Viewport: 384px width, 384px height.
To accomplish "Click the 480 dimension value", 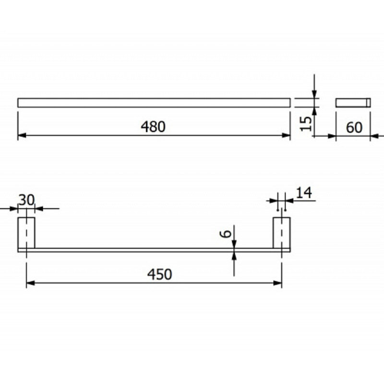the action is (153, 127).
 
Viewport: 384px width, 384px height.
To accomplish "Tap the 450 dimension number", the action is (159, 274).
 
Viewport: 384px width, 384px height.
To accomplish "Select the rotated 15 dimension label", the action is (306, 124).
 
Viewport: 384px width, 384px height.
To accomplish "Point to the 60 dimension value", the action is (354, 127).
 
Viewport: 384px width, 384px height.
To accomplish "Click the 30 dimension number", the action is (27, 200).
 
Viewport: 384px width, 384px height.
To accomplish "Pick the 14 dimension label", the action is (304, 193).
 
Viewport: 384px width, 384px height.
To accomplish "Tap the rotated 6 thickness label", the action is (226, 234).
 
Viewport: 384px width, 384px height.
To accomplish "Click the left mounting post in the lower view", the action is (26, 233).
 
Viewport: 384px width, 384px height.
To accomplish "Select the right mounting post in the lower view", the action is (282, 233).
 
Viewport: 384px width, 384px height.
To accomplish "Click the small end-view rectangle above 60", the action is (353, 103).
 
